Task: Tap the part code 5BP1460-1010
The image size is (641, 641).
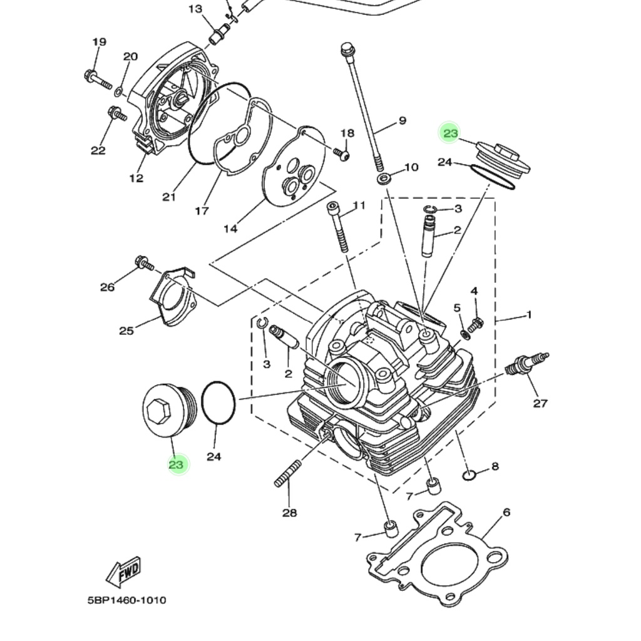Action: [x=127, y=600]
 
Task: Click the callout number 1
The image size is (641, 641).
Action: [x=529, y=314]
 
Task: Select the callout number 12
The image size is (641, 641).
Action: [x=136, y=178]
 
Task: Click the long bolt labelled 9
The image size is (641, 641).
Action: [x=363, y=106]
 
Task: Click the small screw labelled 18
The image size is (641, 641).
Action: [x=342, y=154]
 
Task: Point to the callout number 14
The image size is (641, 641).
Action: [x=230, y=228]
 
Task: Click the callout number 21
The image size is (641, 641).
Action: [x=168, y=197]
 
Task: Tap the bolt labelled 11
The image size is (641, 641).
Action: [x=337, y=228]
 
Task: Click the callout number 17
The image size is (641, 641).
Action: [x=202, y=211]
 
